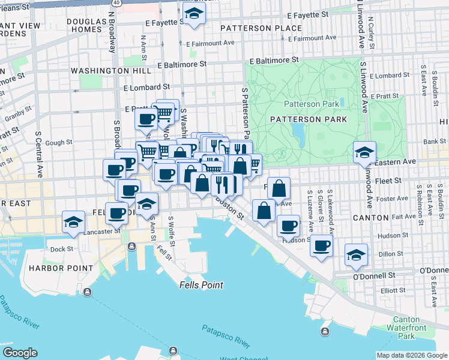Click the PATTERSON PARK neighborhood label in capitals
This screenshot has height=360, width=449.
click(309, 119)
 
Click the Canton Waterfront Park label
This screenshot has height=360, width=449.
click(406, 328)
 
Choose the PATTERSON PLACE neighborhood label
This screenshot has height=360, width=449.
click(261, 28)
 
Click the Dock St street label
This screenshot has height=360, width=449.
click(61, 249)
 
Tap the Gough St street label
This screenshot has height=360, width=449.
click(59, 143)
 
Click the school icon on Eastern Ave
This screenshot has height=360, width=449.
click(364, 152)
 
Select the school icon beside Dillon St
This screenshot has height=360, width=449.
click(357, 254)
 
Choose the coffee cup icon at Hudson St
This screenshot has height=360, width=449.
click(289, 226)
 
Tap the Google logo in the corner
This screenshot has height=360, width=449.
click(20, 353)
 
